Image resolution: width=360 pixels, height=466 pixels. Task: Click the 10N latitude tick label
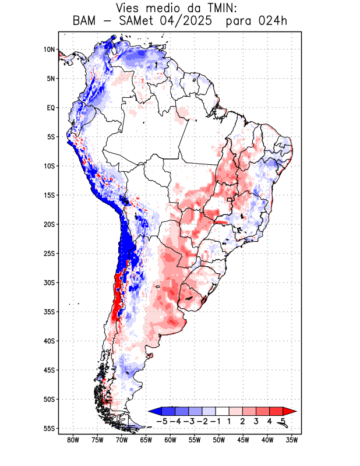click(49, 50)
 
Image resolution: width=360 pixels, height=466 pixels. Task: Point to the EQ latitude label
click(51, 108)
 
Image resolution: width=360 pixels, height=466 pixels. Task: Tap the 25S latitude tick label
click(49, 253)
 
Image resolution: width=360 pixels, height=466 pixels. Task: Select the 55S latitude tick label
click(49, 428)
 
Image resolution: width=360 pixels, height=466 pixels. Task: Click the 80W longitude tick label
click(73, 440)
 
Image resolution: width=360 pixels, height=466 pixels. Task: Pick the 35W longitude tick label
click(292, 440)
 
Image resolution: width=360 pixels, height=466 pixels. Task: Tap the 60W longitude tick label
click(170, 440)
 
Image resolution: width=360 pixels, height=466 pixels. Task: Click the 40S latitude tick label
click(49, 341)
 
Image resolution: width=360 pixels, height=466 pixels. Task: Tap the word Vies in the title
click(130, 8)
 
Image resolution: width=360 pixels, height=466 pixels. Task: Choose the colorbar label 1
click(229, 421)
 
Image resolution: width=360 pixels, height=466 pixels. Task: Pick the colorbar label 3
click(256, 421)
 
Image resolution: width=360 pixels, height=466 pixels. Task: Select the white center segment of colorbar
click(222, 411)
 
